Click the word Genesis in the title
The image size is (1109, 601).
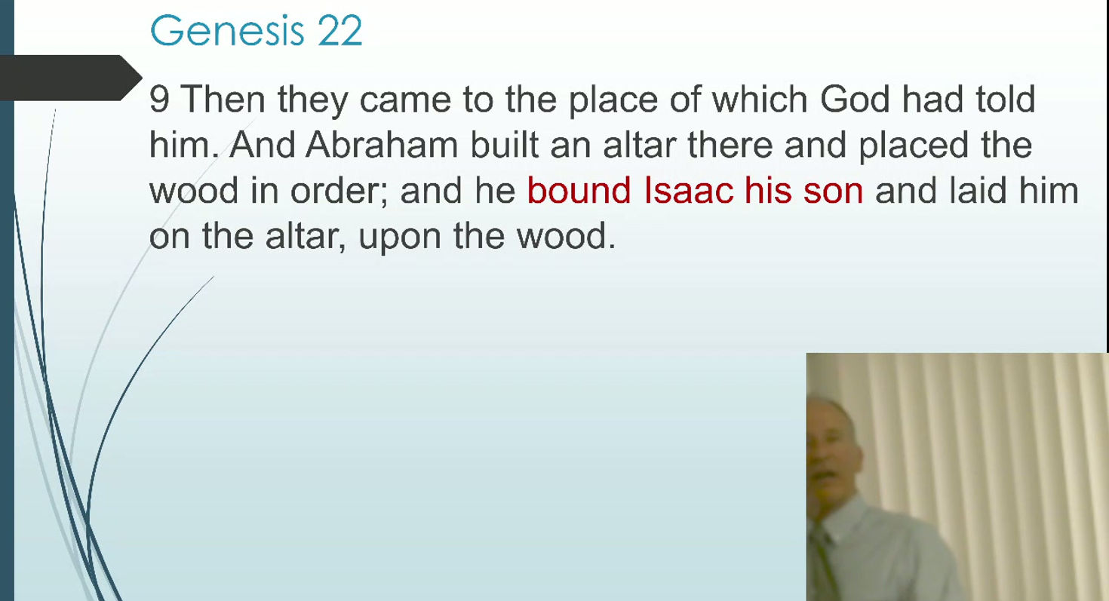click(x=226, y=31)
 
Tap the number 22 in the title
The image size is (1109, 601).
click(x=339, y=31)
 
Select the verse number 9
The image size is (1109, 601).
click(x=158, y=100)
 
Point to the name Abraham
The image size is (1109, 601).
click(x=381, y=145)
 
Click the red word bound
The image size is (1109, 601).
click(x=579, y=190)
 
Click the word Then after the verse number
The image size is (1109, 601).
click(x=223, y=100)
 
